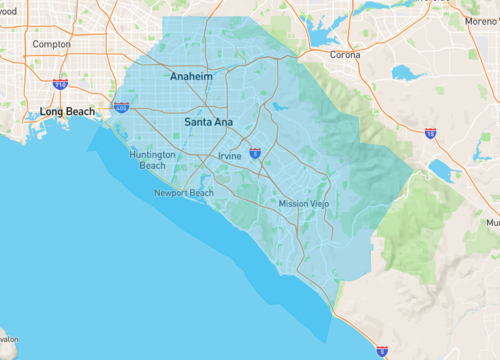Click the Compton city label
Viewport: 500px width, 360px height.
coord(51,44)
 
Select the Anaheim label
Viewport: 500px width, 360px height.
coord(191,76)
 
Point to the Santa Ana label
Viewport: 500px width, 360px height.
coord(208,122)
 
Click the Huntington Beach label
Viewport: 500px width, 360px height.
coord(153,160)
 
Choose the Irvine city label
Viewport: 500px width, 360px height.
coord(229,156)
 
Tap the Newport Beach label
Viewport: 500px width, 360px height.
coord(183,193)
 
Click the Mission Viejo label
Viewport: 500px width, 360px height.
coord(304,204)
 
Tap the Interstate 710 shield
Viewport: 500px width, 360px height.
coord(60,86)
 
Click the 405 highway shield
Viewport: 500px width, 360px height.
coord(121,106)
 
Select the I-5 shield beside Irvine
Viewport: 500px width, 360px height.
coord(255,153)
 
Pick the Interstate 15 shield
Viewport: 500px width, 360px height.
coord(429,132)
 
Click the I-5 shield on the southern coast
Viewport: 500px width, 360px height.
coord(382,351)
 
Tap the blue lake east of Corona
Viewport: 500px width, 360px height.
coord(408,73)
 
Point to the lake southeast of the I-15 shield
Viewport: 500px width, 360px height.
coord(441,170)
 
